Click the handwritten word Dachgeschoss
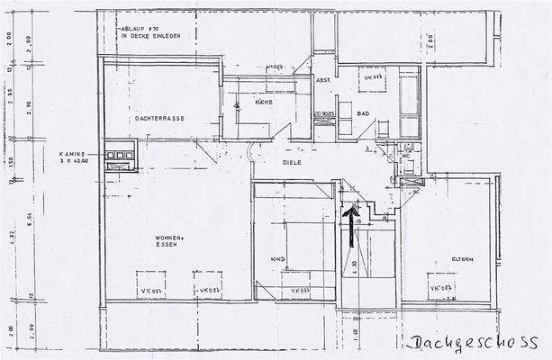[x=473, y=343]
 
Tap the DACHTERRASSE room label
[x=161, y=118]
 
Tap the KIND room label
[x=277, y=259]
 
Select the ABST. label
[x=322, y=81]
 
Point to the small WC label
[x=406, y=155]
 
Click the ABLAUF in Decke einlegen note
[x=155, y=33]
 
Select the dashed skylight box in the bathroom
[x=375, y=79]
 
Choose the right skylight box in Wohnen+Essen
[x=208, y=282]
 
